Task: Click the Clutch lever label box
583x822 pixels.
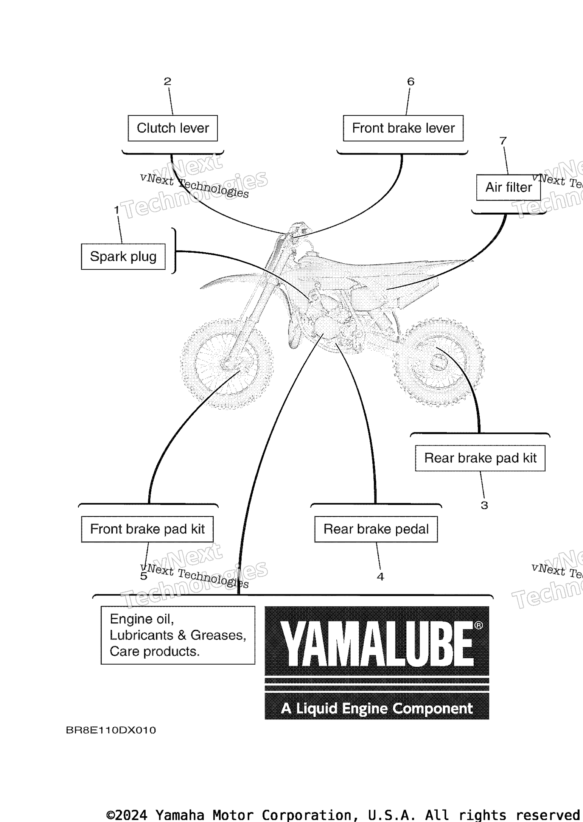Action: [173, 128]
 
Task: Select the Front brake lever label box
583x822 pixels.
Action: [403, 128]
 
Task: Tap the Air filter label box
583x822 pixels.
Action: [508, 187]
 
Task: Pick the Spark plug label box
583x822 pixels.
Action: [123, 256]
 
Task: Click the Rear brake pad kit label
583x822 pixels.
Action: [480, 458]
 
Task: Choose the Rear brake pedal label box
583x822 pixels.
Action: [376, 529]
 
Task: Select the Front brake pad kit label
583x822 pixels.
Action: [147, 529]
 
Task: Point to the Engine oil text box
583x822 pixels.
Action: [178, 635]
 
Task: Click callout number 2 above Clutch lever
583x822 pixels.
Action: [167, 81]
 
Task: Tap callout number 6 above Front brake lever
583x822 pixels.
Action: [411, 81]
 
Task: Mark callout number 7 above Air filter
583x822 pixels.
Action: [503, 141]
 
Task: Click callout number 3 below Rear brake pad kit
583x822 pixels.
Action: [484, 505]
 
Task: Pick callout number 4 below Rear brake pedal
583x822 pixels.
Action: [381, 576]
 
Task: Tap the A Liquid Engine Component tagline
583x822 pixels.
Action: [377, 709]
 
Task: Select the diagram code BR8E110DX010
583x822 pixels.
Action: [111, 730]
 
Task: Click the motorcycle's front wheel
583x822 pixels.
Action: [227, 364]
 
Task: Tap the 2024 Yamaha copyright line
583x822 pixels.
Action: [343, 814]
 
